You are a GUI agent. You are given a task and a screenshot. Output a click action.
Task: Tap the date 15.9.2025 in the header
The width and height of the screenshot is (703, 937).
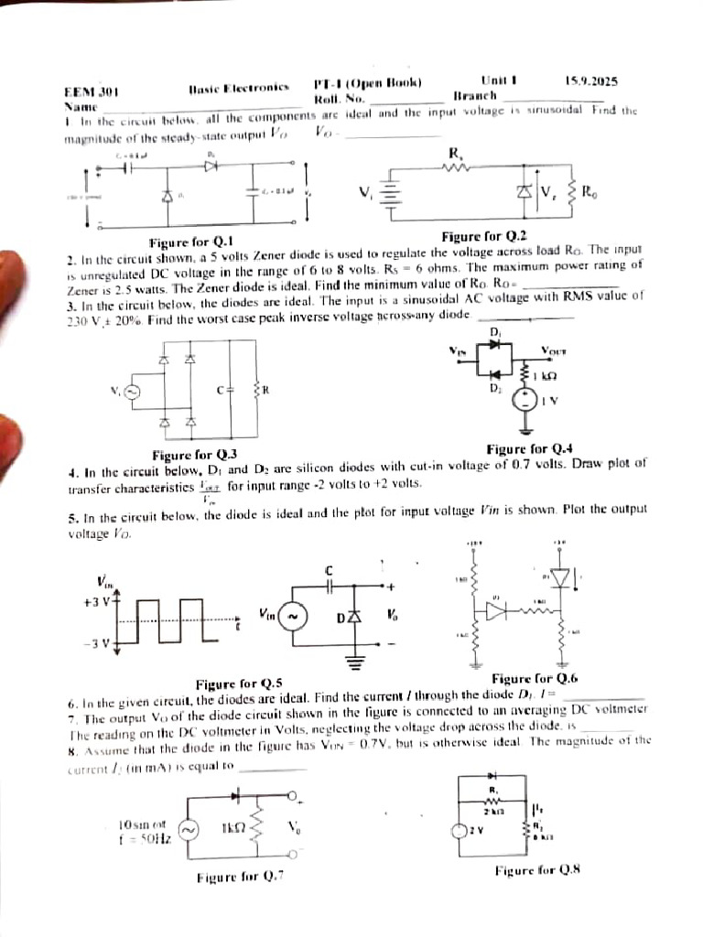(x=591, y=81)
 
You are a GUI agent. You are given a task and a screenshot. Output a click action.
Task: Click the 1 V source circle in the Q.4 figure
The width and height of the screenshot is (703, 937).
(x=525, y=400)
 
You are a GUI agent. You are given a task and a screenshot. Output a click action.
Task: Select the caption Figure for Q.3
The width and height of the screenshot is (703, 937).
(x=194, y=455)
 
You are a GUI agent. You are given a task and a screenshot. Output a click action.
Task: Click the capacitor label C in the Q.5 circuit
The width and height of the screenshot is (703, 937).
(x=327, y=570)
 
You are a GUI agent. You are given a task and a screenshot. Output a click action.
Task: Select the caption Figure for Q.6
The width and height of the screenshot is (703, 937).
(x=535, y=678)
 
